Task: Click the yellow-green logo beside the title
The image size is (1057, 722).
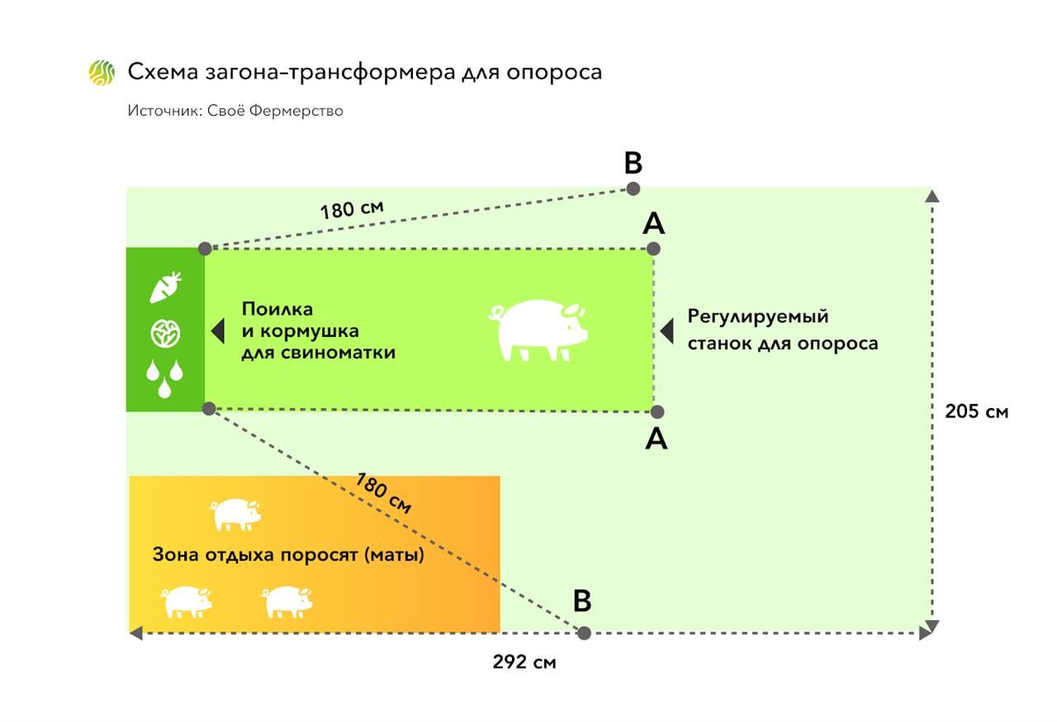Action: point(102,73)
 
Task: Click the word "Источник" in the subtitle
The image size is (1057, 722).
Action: point(159,110)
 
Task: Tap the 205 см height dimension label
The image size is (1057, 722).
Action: point(976,411)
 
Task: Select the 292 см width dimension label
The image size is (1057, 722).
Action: point(524,662)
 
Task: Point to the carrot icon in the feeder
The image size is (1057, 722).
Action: point(165,287)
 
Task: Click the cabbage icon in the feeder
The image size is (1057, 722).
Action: point(165,334)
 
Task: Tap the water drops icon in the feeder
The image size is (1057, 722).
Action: point(165,378)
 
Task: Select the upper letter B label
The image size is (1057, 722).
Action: point(633,164)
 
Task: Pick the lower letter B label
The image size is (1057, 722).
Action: point(582,601)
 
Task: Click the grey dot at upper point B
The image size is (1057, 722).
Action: point(633,188)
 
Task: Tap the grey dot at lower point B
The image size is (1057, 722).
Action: point(584,633)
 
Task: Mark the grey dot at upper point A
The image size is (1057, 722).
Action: point(653,248)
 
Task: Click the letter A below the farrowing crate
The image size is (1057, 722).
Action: point(656,439)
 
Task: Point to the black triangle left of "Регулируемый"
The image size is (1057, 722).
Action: point(667,330)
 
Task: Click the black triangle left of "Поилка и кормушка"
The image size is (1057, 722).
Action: point(218,331)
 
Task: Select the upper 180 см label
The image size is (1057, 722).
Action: point(352,207)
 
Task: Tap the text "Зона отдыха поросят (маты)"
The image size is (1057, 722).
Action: point(288,555)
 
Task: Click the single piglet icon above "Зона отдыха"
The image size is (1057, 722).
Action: point(236,514)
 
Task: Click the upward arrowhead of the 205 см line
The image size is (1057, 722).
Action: point(932,196)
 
